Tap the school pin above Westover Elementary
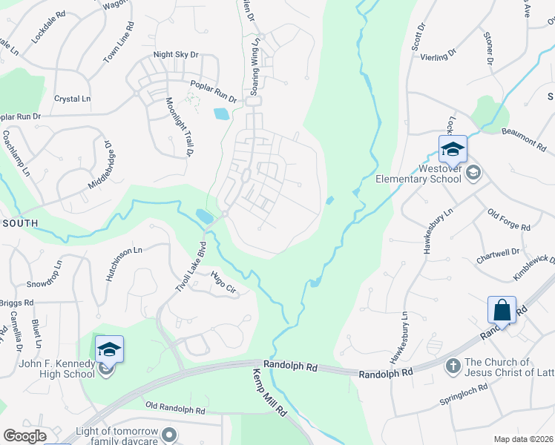[452, 151]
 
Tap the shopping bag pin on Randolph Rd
[502, 310]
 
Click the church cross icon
[453, 366]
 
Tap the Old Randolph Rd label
[175, 409]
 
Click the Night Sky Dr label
[177, 54]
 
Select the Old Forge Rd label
[508, 220]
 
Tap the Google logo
[24, 436]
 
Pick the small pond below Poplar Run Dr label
[221, 114]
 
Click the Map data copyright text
[522, 439]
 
